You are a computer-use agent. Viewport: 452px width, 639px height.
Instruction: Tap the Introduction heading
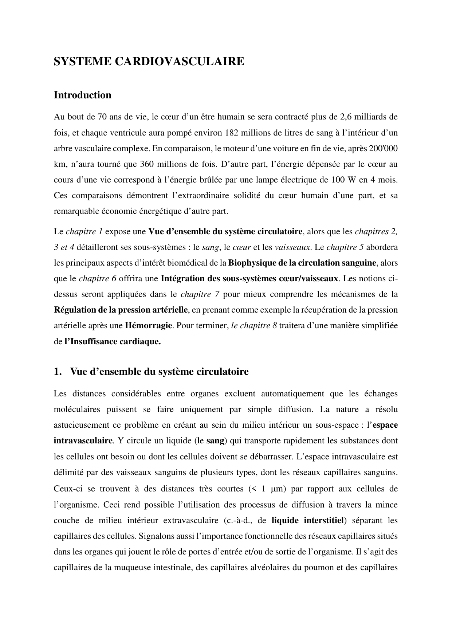(x=82, y=95)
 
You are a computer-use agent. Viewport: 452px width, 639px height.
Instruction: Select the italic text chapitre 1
(x=85, y=231)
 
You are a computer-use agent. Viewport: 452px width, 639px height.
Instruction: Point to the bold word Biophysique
(x=250, y=263)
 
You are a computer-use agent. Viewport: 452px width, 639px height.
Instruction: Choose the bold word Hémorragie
(x=148, y=325)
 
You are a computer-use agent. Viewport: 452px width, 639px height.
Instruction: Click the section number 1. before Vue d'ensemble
(x=57, y=372)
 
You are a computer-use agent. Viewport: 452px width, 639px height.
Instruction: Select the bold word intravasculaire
(x=83, y=440)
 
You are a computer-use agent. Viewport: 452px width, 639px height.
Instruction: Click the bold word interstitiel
(x=323, y=520)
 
